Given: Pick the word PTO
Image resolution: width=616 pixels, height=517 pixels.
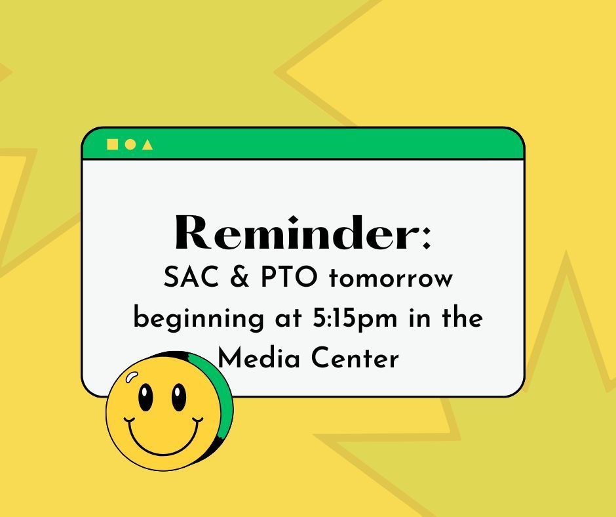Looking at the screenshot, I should point(286,278).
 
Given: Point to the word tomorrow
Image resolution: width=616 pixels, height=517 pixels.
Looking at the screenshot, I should point(391,279).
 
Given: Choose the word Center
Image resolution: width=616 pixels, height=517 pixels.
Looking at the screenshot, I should point(355,359).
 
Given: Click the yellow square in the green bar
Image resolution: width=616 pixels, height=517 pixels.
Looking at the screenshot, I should point(112,144).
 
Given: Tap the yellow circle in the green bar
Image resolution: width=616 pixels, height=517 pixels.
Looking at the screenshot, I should point(130,144).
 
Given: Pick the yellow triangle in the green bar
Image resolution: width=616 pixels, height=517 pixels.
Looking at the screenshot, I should point(147,144).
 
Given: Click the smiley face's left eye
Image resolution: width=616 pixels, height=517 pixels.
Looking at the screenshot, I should point(145,397).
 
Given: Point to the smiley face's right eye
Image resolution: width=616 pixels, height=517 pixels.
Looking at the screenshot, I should point(178,397).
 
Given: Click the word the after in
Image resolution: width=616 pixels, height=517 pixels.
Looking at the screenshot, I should point(461,319).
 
